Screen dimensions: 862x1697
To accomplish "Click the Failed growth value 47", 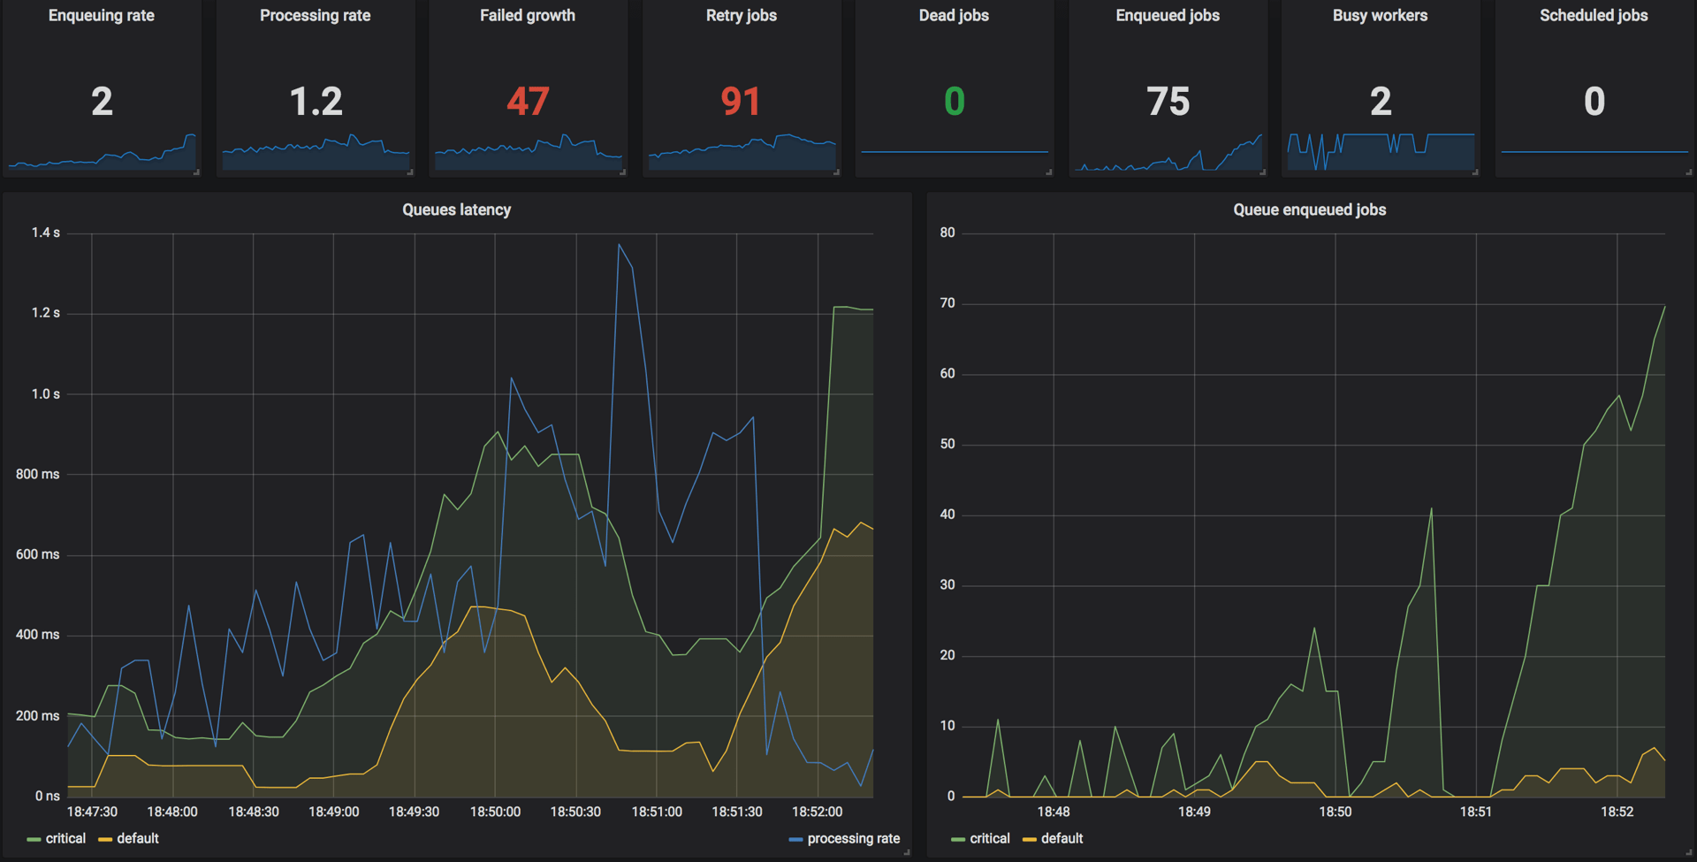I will [x=528, y=102].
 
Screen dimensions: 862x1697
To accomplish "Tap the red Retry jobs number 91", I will [x=741, y=102].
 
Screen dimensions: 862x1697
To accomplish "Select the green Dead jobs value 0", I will [x=954, y=102].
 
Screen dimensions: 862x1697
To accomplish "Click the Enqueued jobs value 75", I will [x=1168, y=102].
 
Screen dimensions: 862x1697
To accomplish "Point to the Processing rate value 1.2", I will [x=316, y=102].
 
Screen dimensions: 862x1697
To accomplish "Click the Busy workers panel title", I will [x=1380, y=16].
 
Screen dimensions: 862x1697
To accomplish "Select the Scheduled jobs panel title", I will [x=1594, y=16].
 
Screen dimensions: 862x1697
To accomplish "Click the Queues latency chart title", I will [x=456, y=210].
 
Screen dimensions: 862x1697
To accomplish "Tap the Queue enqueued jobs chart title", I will [x=1309, y=210].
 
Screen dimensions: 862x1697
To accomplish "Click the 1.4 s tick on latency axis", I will [x=46, y=233].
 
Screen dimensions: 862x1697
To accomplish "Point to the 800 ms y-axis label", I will [x=38, y=474].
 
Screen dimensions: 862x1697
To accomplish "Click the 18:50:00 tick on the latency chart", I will [x=495, y=812].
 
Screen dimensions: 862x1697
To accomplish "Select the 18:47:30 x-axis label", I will [x=92, y=812].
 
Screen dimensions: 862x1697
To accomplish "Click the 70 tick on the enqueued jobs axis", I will [x=947, y=303].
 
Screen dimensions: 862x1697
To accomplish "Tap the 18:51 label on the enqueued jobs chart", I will [x=1475, y=812].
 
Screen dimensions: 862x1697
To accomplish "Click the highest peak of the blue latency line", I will [x=619, y=245].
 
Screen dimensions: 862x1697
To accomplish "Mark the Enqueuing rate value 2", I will [x=102, y=102].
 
